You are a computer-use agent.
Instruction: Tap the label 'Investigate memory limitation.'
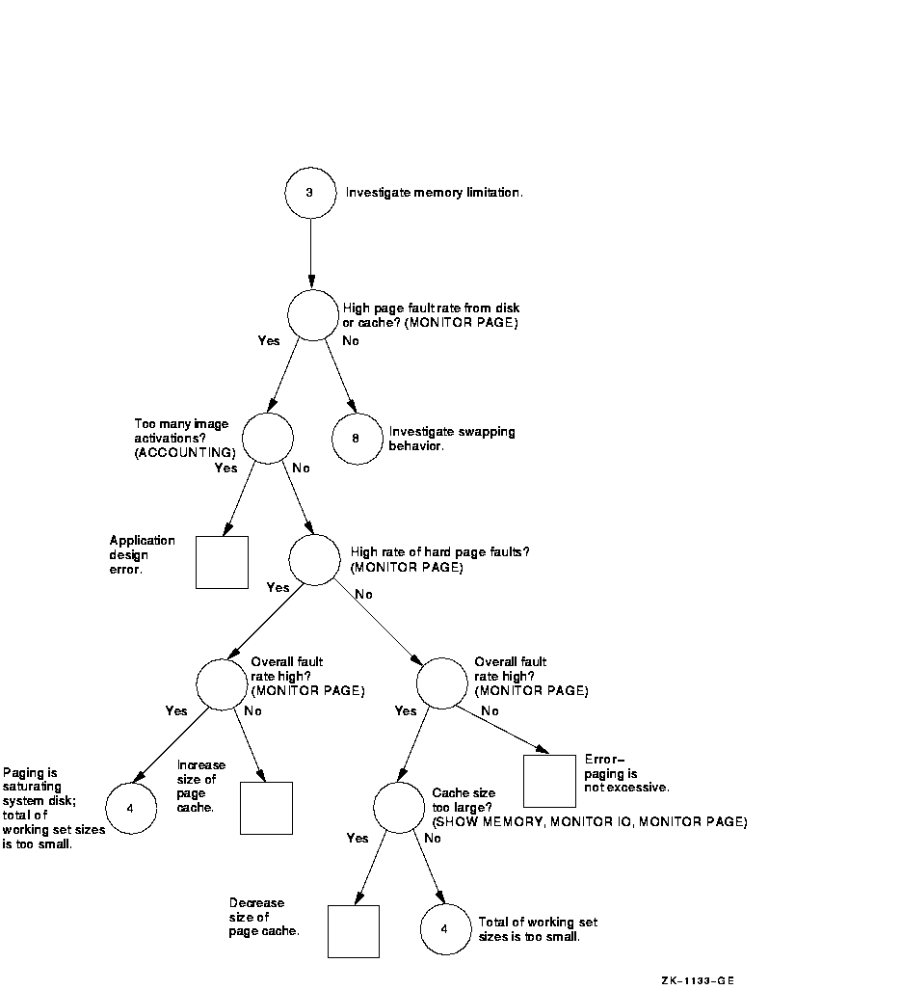(434, 193)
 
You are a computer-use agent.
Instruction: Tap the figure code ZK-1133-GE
(698, 980)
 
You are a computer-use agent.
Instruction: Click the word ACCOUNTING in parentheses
(185, 453)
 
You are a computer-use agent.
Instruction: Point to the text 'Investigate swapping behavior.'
(452, 439)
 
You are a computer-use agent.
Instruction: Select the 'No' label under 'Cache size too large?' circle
(433, 839)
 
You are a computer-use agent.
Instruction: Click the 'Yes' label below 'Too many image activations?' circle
(225, 468)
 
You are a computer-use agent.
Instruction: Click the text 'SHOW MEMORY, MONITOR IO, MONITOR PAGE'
(590, 822)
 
